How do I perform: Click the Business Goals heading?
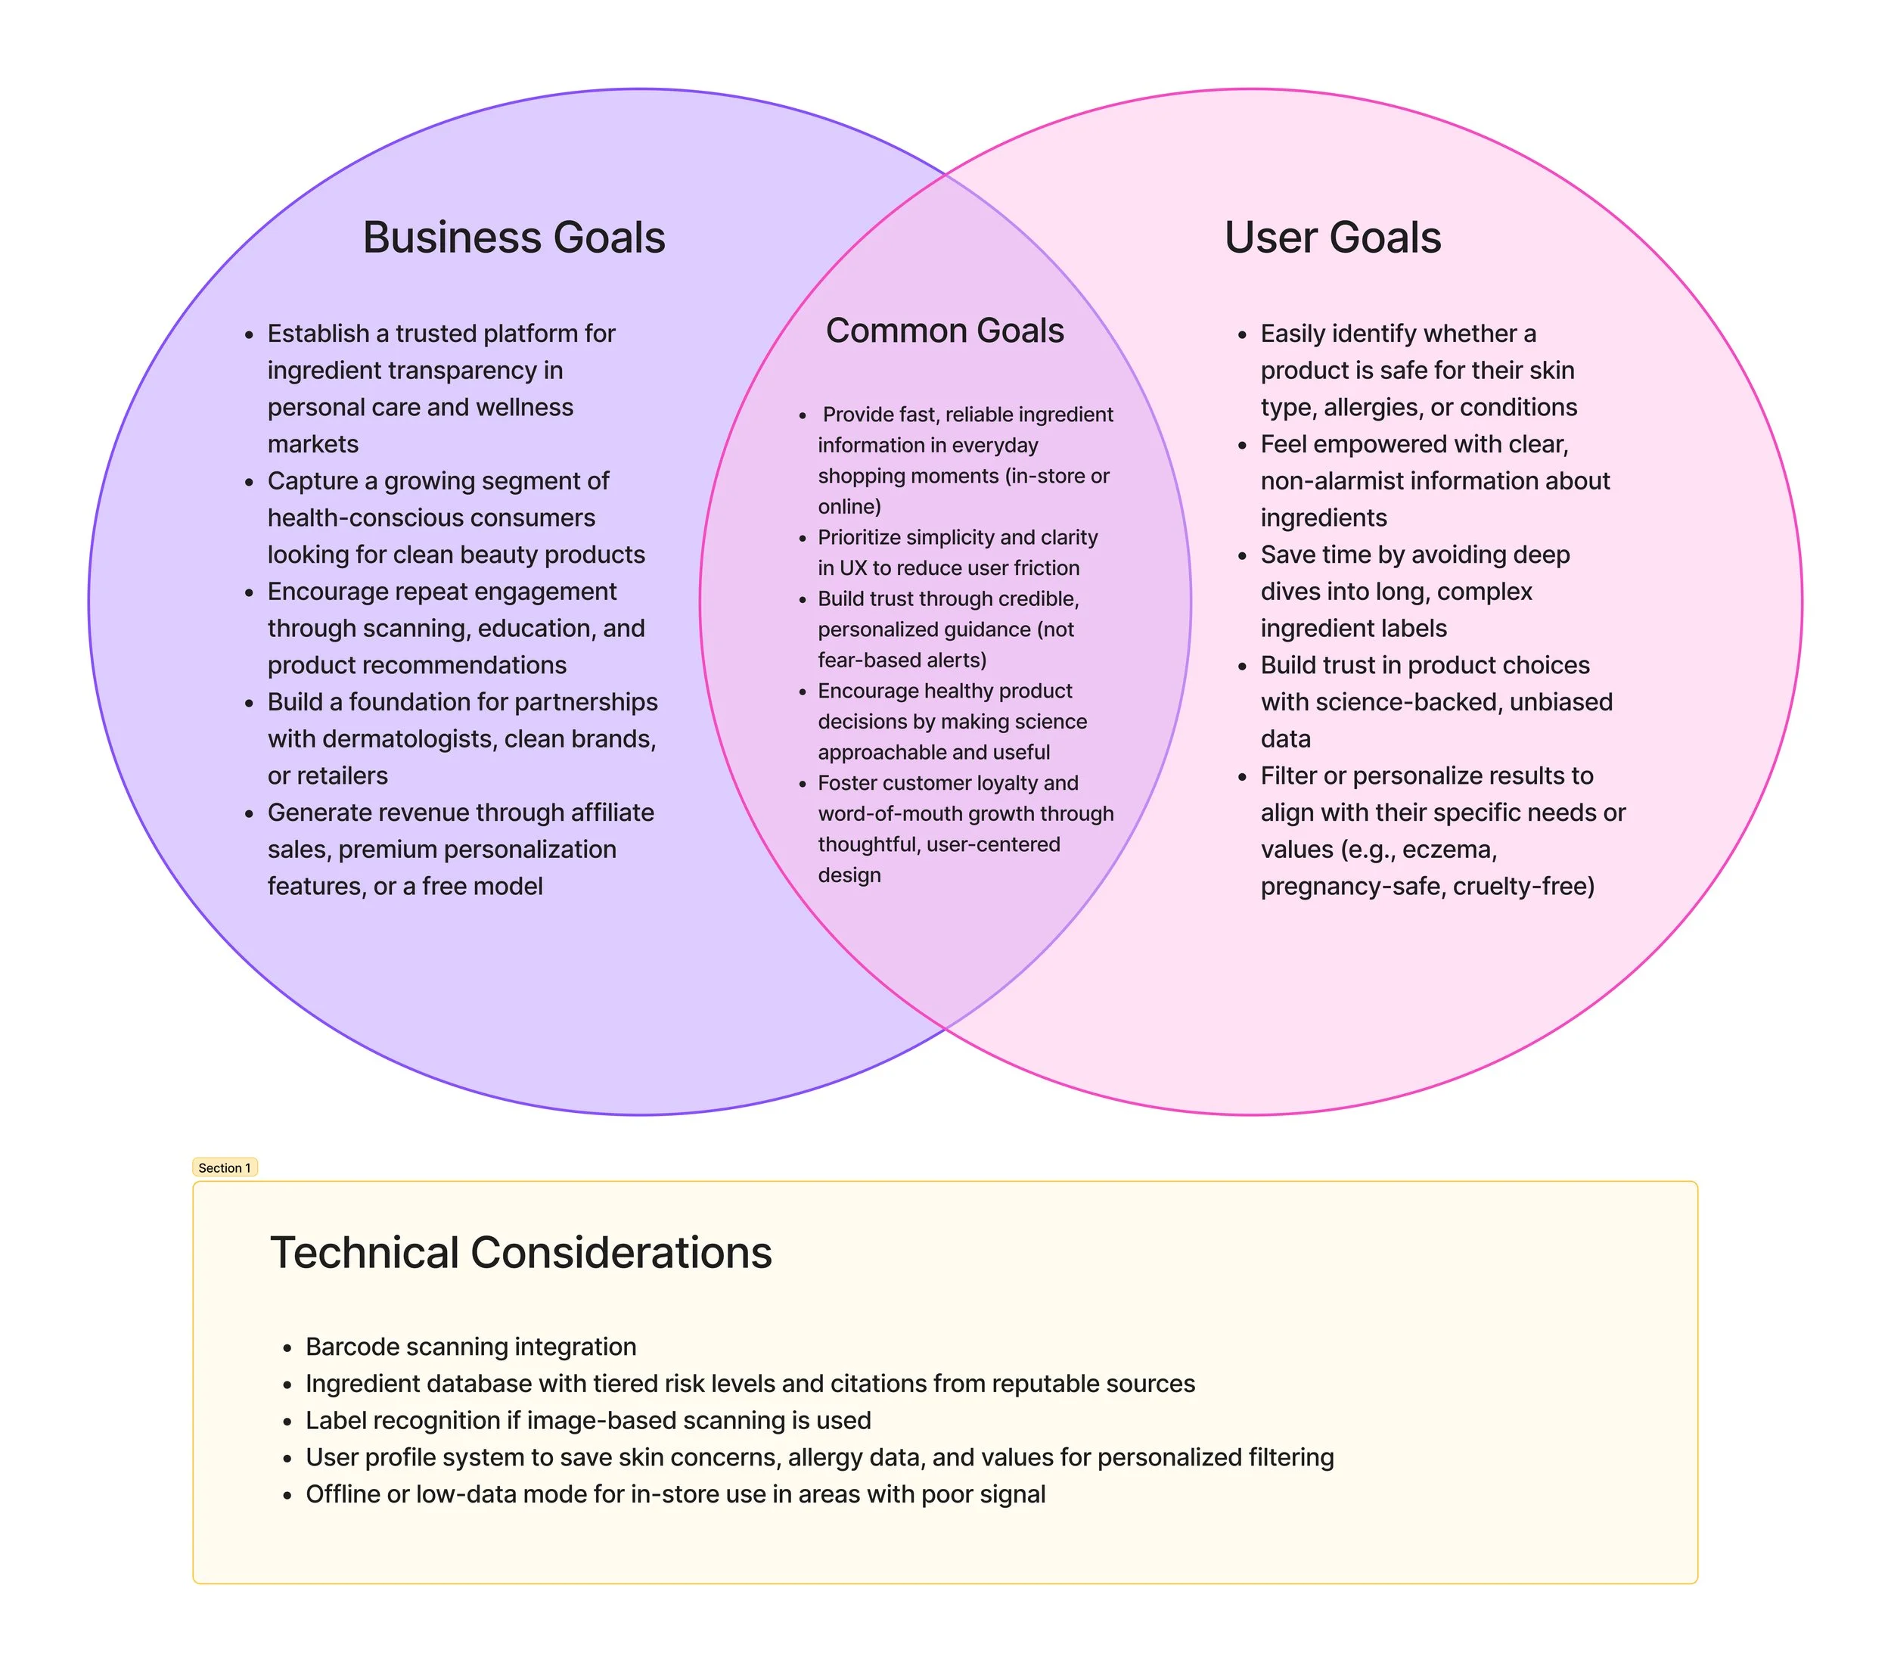[514, 238]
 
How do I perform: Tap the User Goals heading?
[1332, 238]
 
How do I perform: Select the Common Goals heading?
[945, 331]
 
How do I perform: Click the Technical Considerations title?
[521, 1253]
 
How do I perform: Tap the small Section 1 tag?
[225, 1167]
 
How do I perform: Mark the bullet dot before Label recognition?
[287, 1422]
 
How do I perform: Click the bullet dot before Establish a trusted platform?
[249, 335]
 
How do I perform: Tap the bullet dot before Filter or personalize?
[1243, 777]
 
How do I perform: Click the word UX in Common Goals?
[852, 568]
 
